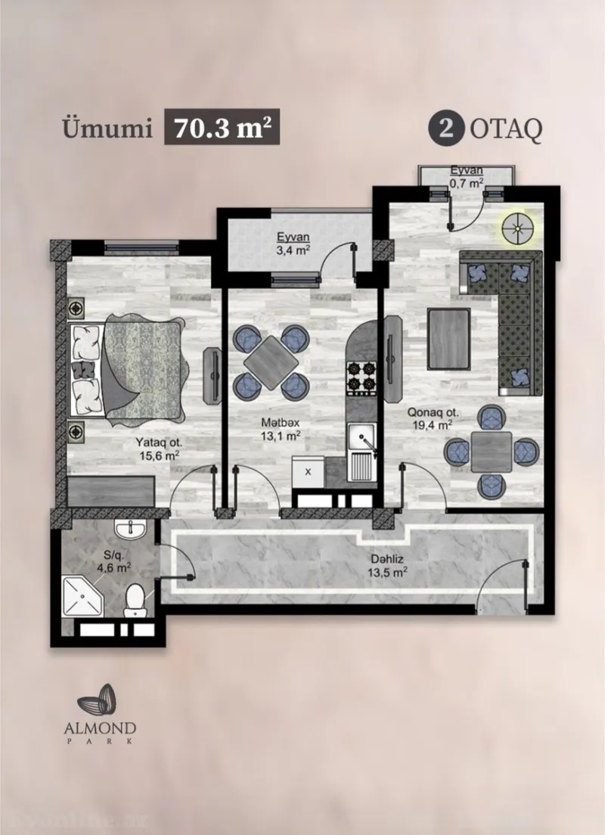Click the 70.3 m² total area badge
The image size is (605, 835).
click(x=223, y=128)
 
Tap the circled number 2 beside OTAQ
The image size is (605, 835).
click(x=447, y=129)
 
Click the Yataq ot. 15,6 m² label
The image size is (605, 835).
click(x=159, y=449)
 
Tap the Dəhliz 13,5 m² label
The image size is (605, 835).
click(x=389, y=566)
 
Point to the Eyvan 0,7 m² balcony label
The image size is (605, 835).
click(x=466, y=176)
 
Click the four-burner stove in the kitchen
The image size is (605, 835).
click(x=361, y=376)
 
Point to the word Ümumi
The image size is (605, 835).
click(x=103, y=129)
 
